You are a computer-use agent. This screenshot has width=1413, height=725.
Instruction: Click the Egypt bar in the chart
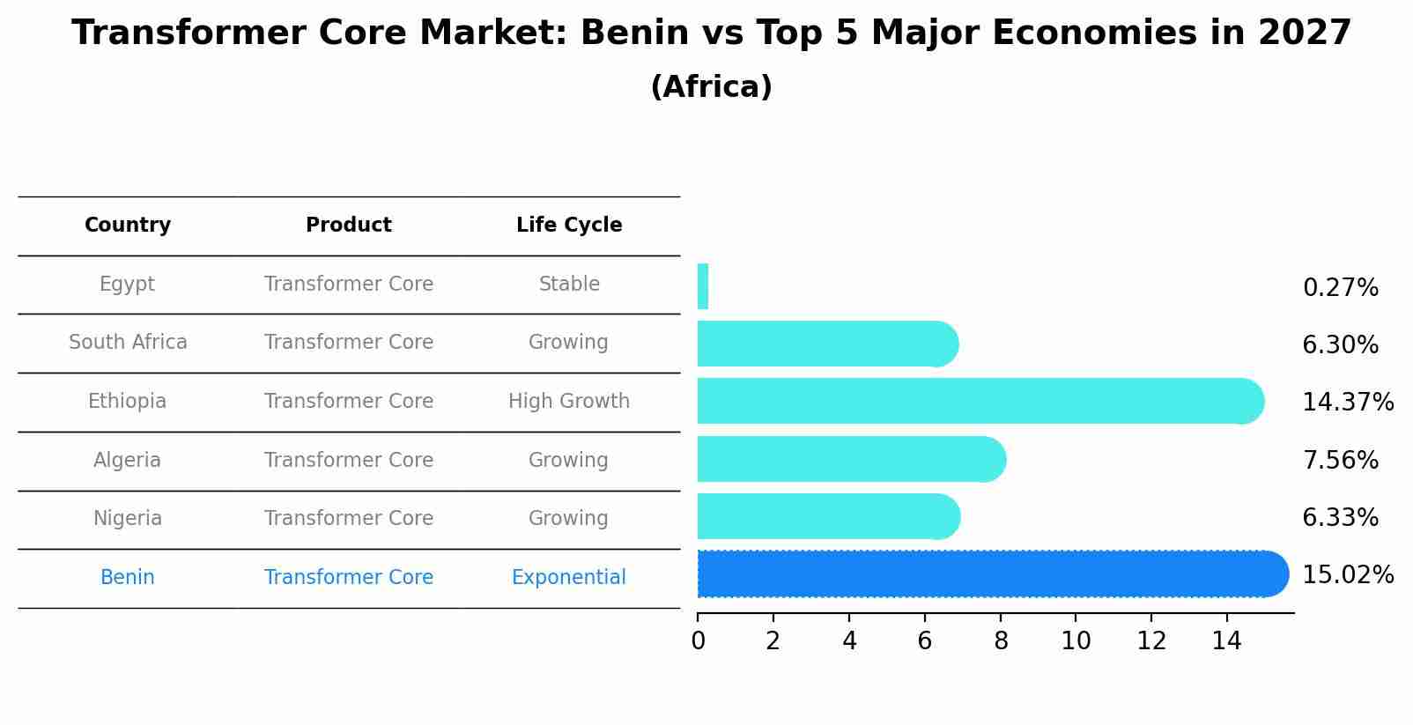point(703,286)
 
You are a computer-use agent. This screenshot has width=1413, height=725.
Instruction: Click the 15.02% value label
point(1347,575)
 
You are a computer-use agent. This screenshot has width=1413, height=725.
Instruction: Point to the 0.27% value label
point(1340,288)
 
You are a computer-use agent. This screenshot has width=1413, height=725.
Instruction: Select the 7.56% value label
point(1340,461)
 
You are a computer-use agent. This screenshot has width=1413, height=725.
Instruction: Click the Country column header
point(128,226)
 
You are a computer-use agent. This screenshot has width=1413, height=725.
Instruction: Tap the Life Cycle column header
point(569,226)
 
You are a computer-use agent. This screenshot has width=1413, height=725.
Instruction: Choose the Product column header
point(349,226)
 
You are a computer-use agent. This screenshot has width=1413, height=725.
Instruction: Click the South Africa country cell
point(128,343)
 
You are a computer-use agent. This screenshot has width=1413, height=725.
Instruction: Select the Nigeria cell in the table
point(128,519)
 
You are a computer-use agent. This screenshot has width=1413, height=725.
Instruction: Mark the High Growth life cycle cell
point(569,402)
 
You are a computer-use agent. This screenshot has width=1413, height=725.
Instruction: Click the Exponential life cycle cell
point(569,578)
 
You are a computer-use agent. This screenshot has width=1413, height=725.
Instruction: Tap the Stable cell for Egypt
point(569,285)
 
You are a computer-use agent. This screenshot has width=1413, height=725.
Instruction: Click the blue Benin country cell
point(128,578)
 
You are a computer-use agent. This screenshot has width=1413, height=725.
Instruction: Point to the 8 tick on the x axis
point(1001,641)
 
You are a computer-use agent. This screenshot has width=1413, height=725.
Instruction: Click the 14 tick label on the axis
point(1226,641)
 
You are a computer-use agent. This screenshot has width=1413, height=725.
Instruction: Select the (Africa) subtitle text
point(711,87)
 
